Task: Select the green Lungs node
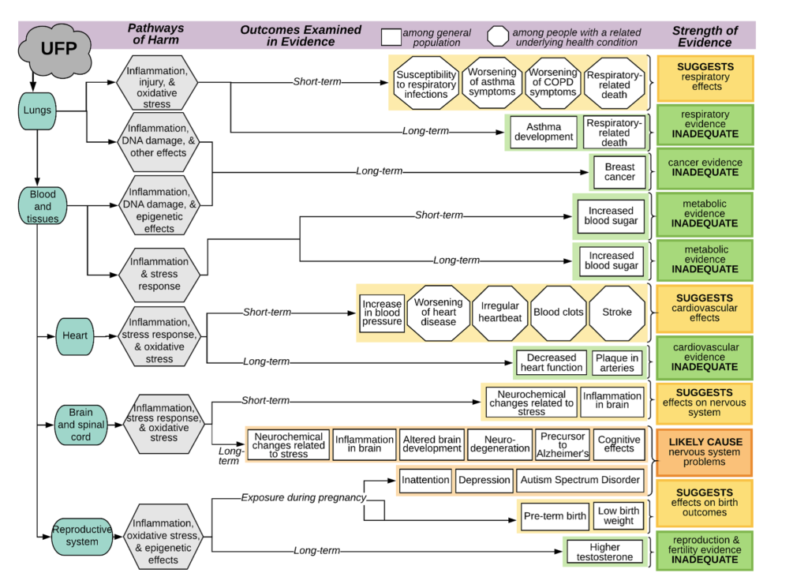tap(36, 110)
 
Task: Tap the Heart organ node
tap(76, 335)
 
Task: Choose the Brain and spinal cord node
tap(80, 424)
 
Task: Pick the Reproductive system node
tap(82, 536)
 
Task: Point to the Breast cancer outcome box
tap(619, 172)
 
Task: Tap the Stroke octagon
tap(616, 313)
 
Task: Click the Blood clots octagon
tap(559, 313)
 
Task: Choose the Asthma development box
tap(544, 132)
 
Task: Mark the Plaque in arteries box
tap(616, 363)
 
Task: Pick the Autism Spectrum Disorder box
tap(580, 480)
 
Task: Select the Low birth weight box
tap(619, 516)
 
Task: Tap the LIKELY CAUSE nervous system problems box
tap(705, 452)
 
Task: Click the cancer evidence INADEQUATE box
tap(705, 167)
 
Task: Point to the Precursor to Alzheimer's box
tap(563, 445)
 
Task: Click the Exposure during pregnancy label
tap(304, 497)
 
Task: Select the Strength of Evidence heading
tap(705, 36)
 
